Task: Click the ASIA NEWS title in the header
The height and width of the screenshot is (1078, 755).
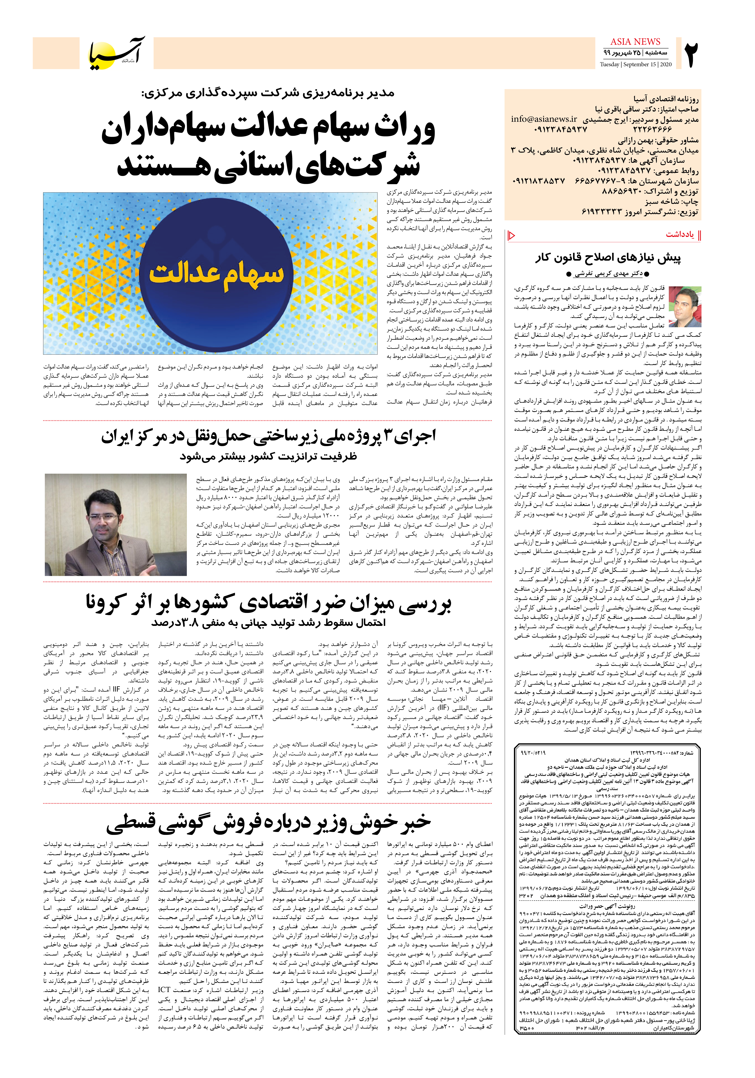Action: click(x=635, y=42)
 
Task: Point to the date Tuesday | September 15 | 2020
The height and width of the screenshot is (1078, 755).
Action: click(x=636, y=64)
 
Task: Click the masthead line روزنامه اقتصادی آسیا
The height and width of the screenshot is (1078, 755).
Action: click(x=666, y=99)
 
